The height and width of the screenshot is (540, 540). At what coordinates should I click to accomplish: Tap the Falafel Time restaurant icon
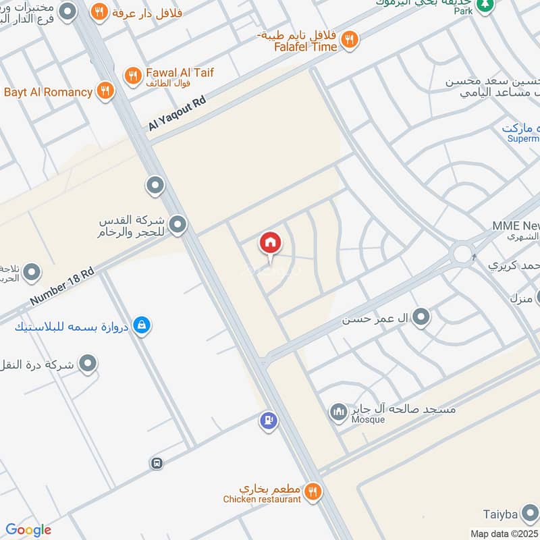tap(349, 40)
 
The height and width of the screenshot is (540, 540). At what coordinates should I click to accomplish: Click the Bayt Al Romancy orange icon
tap(105, 92)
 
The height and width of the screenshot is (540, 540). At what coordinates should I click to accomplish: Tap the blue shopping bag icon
tap(141, 326)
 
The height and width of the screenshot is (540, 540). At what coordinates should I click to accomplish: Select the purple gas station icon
tap(268, 421)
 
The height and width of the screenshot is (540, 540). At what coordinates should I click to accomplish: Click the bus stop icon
tap(157, 463)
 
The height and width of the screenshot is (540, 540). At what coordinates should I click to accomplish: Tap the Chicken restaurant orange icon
tap(312, 491)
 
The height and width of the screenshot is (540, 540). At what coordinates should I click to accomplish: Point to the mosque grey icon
tap(338, 411)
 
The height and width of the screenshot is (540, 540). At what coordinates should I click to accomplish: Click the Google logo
tap(28, 530)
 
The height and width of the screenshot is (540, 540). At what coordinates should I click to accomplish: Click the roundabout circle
tap(462, 254)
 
